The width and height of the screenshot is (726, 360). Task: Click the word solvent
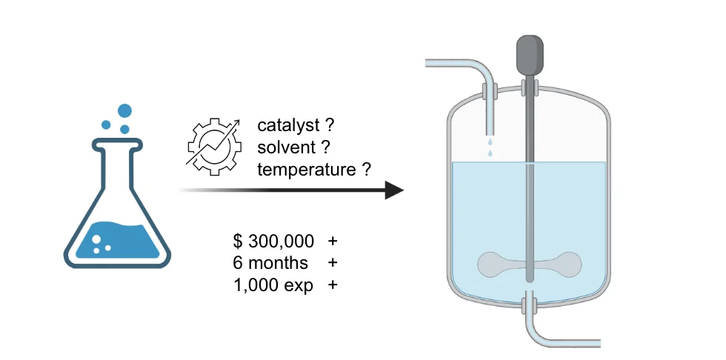click(x=284, y=147)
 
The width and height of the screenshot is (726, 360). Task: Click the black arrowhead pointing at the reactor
click(x=393, y=191)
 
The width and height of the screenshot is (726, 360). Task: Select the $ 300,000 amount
click(x=273, y=241)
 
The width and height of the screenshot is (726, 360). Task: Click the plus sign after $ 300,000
click(x=333, y=241)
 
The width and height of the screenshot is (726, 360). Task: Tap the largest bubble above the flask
click(x=124, y=111)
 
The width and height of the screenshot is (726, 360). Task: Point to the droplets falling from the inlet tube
click(x=489, y=147)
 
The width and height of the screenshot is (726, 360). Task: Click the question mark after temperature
click(x=367, y=170)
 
